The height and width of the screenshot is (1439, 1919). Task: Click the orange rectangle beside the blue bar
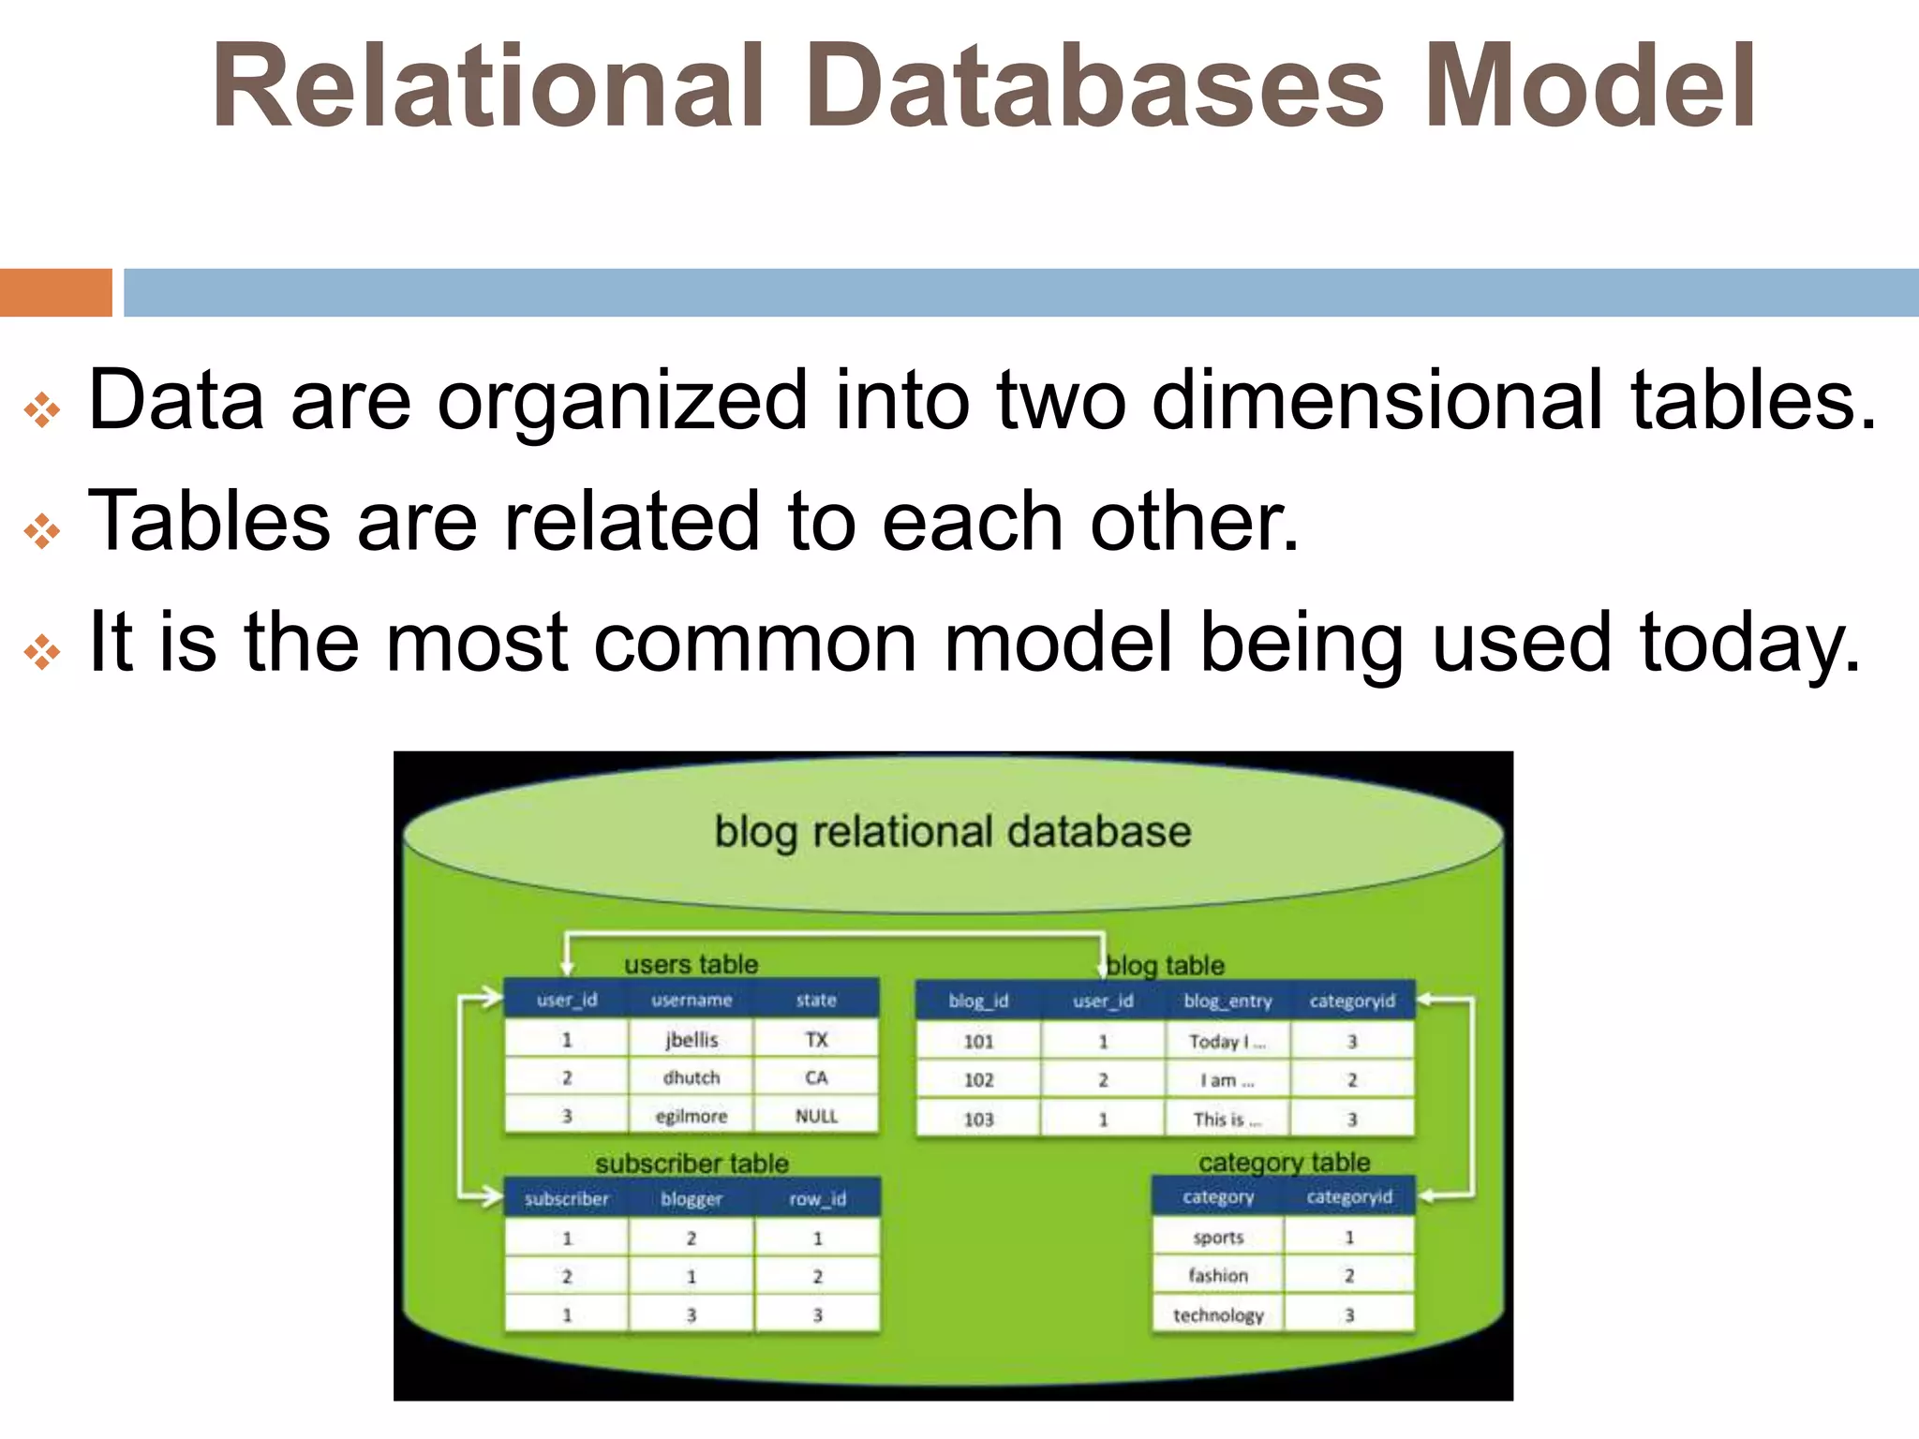(x=55, y=292)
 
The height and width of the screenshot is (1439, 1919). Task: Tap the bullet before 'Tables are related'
(x=42, y=531)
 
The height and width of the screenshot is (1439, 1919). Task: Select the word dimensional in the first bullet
(x=1376, y=400)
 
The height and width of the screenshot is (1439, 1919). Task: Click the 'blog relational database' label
(x=952, y=832)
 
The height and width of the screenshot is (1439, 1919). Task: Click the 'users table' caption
(x=691, y=964)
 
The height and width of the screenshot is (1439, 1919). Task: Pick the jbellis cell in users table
(x=691, y=1040)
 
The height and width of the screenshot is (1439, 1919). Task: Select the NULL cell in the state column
(x=816, y=1116)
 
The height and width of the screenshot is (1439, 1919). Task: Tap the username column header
(x=691, y=1000)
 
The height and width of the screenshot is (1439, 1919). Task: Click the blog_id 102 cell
(x=978, y=1080)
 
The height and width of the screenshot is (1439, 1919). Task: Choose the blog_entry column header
(x=1227, y=1001)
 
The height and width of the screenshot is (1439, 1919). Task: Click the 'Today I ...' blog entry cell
(x=1227, y=1041)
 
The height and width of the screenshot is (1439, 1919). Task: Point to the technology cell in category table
(x=1218, y=1315)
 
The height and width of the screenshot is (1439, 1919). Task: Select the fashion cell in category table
(x=1218, y=1275)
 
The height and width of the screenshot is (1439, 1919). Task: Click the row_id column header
(x=817, y=1199)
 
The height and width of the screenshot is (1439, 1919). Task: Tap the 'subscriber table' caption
(x=692, y=1164)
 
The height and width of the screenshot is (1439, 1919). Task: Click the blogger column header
(x=691, y=1199)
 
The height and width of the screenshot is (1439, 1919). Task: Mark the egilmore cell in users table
(x=691, y=1116)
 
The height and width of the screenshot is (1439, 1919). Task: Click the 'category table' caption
(x=1284, y=1163)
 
